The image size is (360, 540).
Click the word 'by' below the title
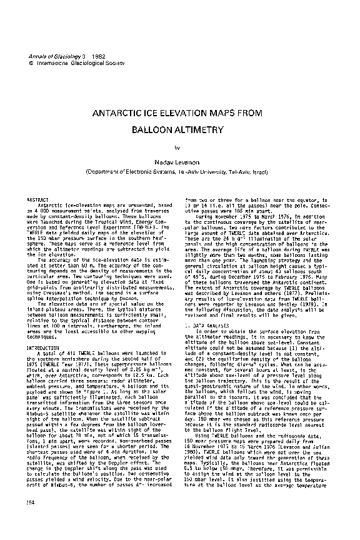click(x=177, y=147)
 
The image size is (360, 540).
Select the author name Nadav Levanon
click(x=179, y=161)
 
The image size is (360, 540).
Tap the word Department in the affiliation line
click(x=102, y=170)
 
